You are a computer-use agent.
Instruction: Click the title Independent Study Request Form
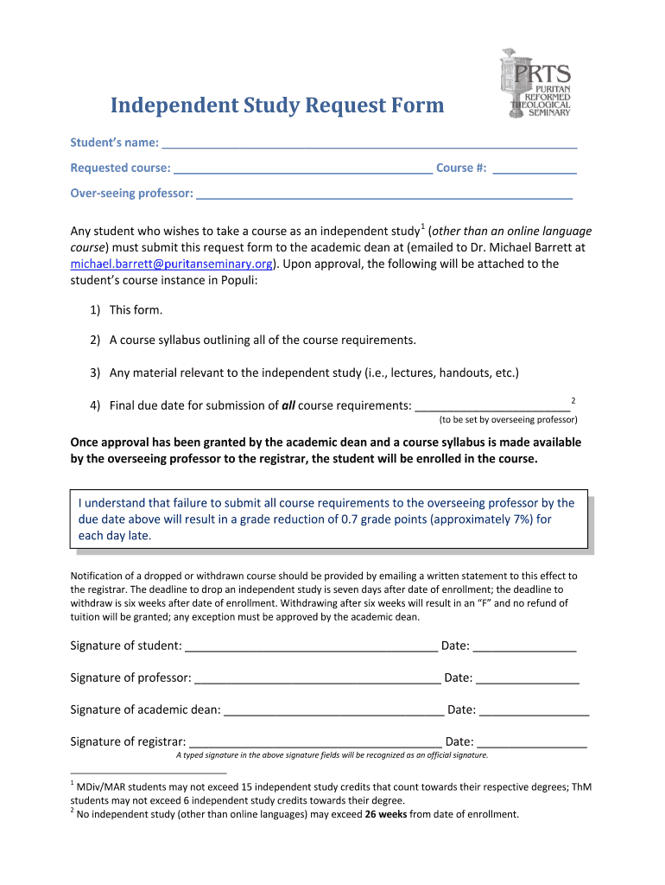point(276,106)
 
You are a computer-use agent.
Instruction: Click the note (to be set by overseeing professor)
point(508,420)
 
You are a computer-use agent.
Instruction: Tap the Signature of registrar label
point(127,742)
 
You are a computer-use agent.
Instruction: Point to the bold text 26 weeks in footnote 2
point(386,814)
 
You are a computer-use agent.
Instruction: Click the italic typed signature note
point(332,755)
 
